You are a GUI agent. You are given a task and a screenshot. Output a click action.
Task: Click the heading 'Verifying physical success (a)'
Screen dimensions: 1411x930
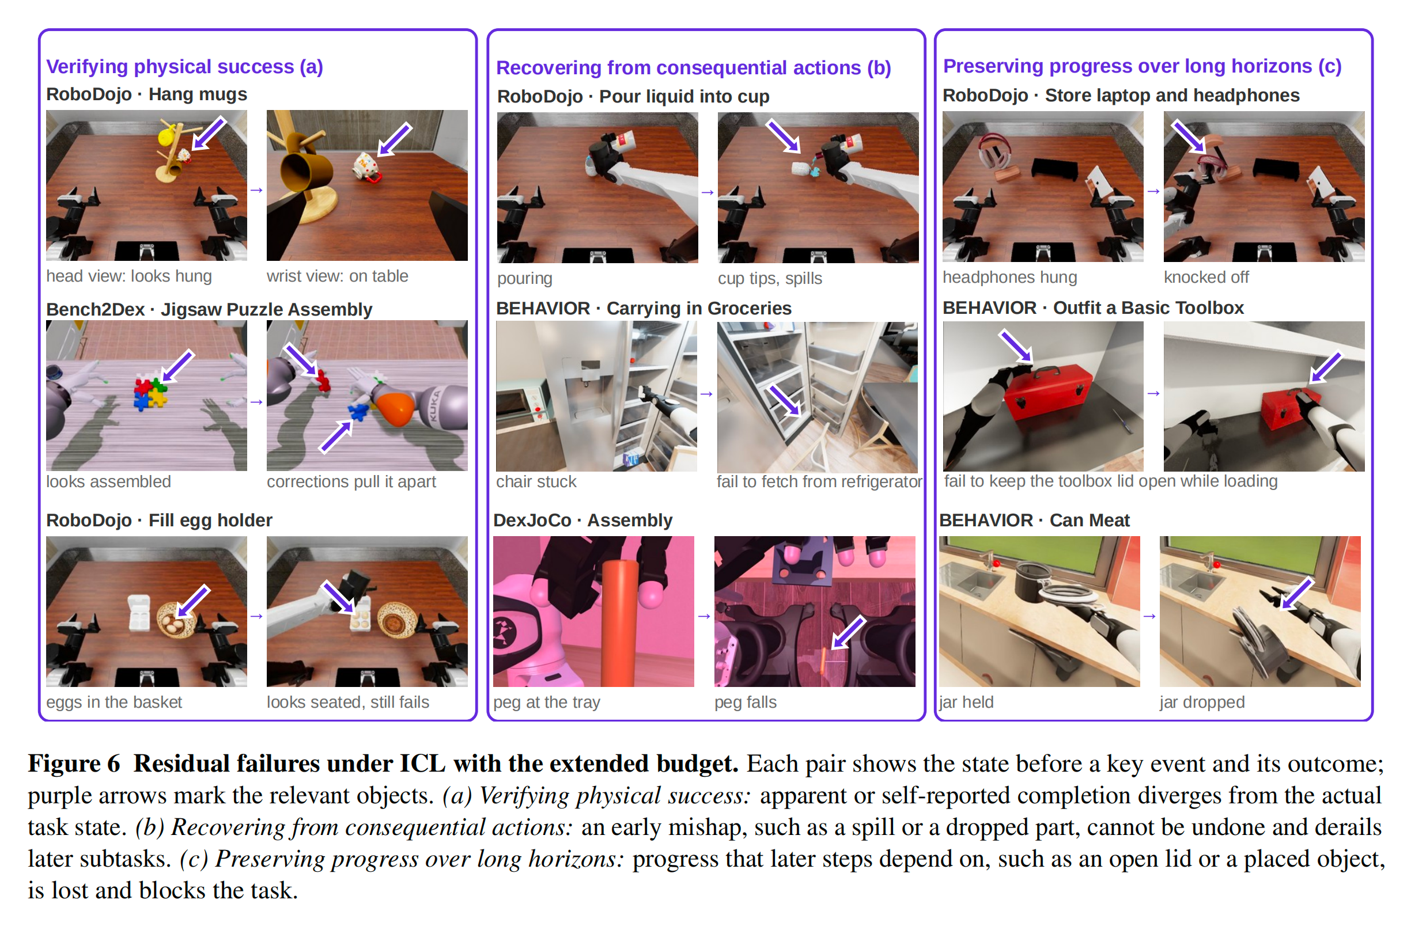point(184,66)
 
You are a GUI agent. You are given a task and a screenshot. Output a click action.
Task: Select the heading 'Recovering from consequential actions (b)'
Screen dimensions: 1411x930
point(693,67)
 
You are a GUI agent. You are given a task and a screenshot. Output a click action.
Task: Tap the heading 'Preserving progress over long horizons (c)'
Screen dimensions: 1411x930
point(1141,66)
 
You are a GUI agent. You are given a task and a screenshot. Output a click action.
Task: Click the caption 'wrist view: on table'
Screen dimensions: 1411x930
point(337,276)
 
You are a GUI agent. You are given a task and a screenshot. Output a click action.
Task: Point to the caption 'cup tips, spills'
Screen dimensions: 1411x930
point(770,278)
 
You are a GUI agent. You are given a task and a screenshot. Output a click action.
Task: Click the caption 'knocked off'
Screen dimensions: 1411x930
point(1206,277)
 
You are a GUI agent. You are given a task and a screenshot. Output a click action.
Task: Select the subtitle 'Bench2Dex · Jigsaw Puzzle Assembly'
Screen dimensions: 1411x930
point(209,309)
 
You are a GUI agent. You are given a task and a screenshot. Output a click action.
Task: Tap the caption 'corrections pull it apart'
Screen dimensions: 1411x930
point(351,481)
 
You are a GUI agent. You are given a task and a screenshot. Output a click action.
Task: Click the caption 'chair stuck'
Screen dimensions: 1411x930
point(536,481)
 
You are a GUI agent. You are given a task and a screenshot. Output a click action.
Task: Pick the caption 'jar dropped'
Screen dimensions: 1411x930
point(1201,701)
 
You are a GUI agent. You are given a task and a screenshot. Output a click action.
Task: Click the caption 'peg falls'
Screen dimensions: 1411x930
point(746,701)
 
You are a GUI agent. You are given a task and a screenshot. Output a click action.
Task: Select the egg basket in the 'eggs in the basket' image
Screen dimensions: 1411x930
point(177,620)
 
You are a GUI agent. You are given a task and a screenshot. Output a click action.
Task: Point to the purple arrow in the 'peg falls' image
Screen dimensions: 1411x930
point(849,632)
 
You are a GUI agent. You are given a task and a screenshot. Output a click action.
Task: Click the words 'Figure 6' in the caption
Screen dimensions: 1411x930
point(74,764)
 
